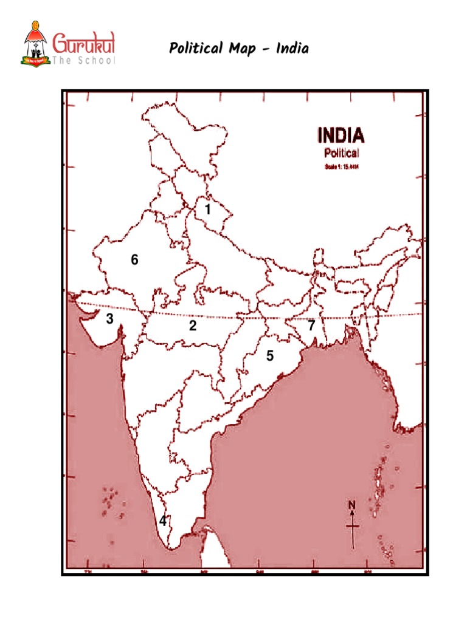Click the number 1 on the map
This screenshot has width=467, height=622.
[x=207, y=210]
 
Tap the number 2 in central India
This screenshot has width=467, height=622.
[x=193, y=326]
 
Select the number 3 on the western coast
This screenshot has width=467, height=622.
[x=109, y=318]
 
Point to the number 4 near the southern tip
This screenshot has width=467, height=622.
[x=163, y=521]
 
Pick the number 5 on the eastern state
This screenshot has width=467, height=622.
[x=269, y=356]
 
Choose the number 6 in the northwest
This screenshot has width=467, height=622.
[x=134, y=260]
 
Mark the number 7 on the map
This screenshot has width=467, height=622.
[x=311, y=326]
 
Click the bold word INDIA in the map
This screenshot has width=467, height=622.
[x=341, y=134]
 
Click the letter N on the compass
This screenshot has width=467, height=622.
[x=351, y=504]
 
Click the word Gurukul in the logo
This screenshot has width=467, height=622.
[x=87, y=44]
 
